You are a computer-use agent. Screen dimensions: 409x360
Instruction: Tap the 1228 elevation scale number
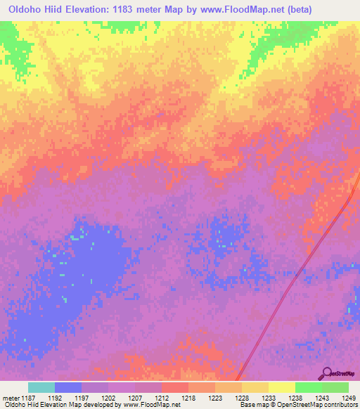tap(241, 398)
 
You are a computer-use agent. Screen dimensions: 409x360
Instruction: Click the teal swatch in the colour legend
tap(41, 387)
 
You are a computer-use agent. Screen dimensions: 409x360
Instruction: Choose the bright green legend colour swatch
tap(309, 387)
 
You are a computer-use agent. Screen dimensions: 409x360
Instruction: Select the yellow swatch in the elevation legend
tap(282, 387)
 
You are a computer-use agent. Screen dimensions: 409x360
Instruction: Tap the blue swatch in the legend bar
tap(68, 387)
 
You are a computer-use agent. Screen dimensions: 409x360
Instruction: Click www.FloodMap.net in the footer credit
tap(151, 405)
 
